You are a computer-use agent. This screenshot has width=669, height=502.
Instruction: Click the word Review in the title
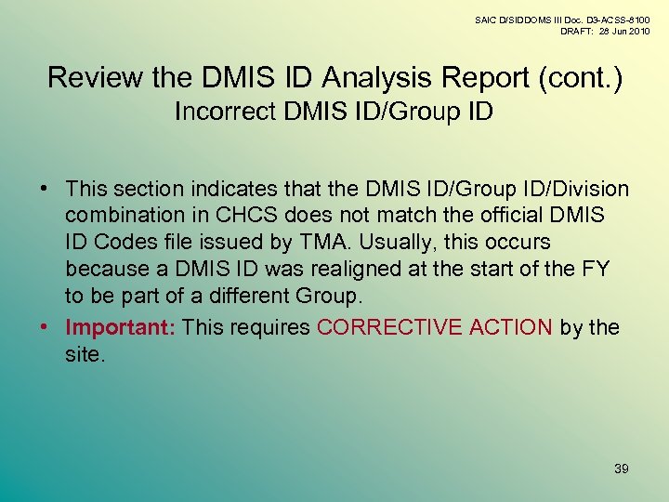pos(94,77)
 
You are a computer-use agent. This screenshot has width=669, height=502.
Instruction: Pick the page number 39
pos(621,469)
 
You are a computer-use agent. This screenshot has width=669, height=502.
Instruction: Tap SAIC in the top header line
pos(487,19)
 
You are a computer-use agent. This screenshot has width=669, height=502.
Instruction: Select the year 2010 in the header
pos(637,31)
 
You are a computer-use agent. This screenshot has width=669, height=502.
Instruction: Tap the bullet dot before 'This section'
pos(44,190)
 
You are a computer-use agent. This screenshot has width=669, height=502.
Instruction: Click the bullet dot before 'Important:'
pos(44,328)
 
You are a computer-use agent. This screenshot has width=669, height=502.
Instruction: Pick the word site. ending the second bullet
pos(86,354)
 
